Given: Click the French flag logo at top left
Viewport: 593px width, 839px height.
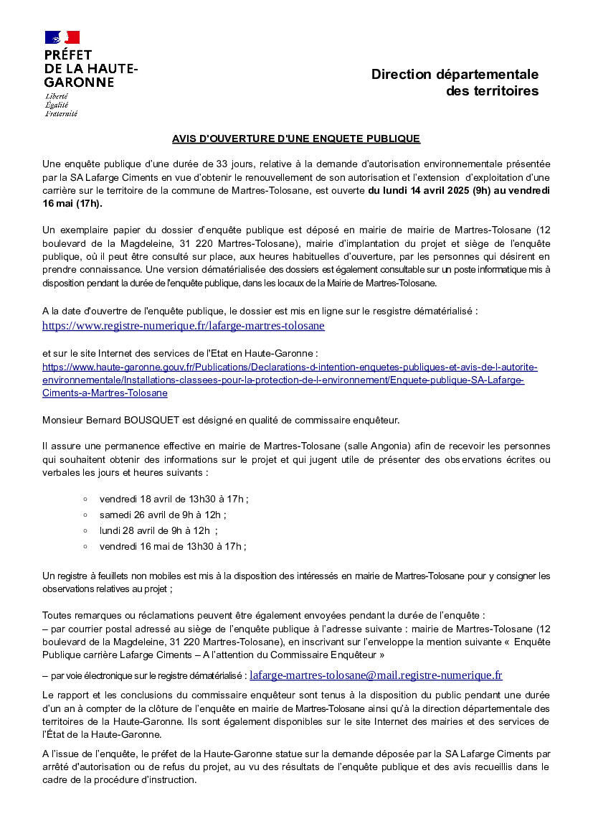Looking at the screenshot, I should pos(62,37).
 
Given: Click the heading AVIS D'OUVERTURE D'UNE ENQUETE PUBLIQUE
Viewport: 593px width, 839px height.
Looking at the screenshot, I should pos(296,139).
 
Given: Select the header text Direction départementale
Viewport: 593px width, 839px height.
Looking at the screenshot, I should pos(455,75).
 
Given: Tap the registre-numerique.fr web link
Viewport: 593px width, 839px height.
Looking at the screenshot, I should pos(184,326).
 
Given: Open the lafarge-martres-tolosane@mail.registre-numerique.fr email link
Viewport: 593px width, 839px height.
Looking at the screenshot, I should pos(376,675).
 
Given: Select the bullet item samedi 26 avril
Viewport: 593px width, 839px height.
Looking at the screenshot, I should pos(163,515).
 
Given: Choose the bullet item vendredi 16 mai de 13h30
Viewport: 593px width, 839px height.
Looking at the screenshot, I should pos(172,546).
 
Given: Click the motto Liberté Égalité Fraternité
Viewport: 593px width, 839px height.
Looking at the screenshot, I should pos(61,105).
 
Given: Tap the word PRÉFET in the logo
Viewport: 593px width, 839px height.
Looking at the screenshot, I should pos(68,55).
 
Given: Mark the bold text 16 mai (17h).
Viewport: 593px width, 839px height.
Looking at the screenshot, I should pos(72,204).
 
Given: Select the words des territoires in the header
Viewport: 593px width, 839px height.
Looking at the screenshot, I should pos(492,91).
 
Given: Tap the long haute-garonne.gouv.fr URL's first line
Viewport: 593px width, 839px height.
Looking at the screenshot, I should pos(290,367).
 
